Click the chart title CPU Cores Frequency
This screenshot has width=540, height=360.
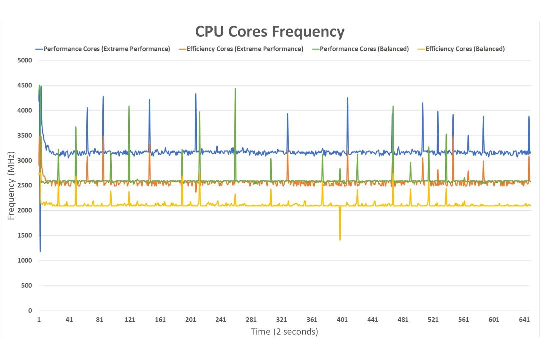point(270,32)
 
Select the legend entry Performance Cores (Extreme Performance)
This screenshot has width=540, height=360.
point(107,49)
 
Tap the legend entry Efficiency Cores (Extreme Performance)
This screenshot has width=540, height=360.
point(245,49)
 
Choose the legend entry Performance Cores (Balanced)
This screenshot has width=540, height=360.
point(364,49)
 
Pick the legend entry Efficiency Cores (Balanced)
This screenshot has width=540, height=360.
point(465,49)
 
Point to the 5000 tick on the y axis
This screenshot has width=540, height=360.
point(24,60)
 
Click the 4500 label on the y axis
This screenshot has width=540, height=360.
point(24,86)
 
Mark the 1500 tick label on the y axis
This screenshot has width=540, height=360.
point(24,235)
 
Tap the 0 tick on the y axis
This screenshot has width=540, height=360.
point(30,310)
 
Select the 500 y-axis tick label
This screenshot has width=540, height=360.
point(26,285)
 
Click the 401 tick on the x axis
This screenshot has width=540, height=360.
point(342,319)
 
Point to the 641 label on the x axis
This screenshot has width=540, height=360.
point(524,319)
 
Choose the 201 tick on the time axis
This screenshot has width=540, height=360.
point(191,319)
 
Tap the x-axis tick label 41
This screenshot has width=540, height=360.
point(69,319)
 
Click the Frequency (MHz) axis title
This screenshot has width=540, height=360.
point(11,185)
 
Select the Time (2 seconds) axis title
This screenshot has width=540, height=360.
point(285,332)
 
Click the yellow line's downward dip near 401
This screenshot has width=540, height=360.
point(340,240)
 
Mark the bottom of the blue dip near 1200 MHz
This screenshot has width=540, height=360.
point(40,252)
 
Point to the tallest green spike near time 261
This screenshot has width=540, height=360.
point(235,89)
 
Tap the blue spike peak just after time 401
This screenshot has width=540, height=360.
point(348,98)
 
